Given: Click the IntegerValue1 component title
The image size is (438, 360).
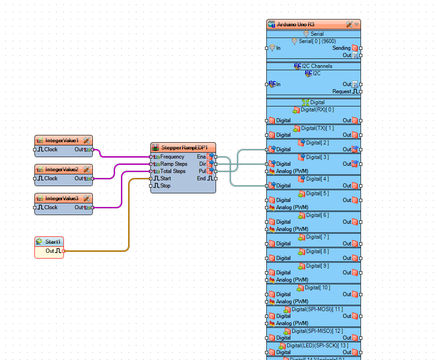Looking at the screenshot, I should (x=62, y=140).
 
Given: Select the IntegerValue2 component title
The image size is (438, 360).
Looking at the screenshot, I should (x=62, y=169).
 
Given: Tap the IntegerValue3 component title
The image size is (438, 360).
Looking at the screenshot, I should (x=62, y=198).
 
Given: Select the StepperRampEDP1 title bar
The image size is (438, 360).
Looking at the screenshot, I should (x=184, y=148).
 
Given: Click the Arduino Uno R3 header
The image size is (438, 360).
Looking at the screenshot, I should (x=295, y=24).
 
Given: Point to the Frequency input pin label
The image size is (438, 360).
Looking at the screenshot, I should (x=172, y=157).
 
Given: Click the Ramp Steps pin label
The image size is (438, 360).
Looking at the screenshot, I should (x=173, y=164).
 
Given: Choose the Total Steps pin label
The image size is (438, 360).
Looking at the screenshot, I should (x=173, y=171).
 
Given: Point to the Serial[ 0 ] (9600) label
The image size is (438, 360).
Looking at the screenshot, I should (x=317, y=41).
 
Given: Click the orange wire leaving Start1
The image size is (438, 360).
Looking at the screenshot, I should (x=100, y=251).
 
